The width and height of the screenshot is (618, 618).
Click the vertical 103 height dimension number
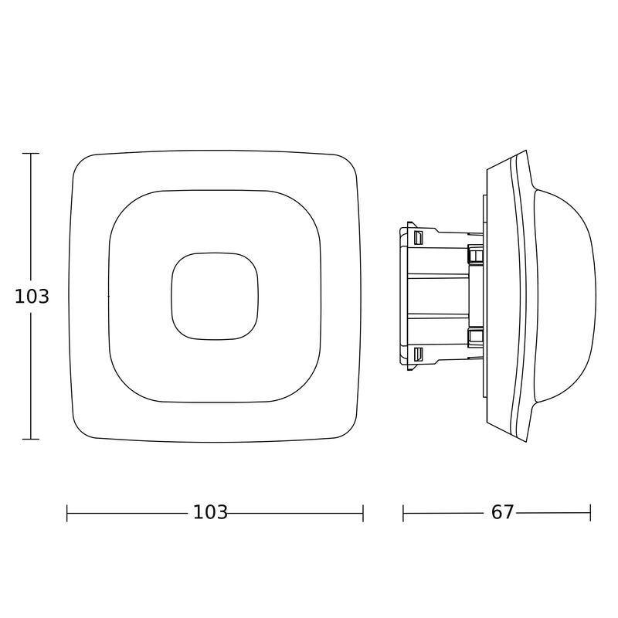coord(32,297)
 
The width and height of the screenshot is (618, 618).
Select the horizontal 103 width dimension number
coord(210,512)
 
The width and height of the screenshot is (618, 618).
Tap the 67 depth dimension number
coord(503,512)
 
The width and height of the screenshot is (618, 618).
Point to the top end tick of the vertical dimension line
coord(31,153)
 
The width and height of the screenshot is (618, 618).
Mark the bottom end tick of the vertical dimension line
coord(31,439)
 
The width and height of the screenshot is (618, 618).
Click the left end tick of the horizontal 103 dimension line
coord(67,513)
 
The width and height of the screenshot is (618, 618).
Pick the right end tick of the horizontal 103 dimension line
coord(363,513)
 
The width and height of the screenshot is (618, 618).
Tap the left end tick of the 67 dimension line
coord(403,513)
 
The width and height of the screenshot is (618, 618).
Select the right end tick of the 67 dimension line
coord(590,513)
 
